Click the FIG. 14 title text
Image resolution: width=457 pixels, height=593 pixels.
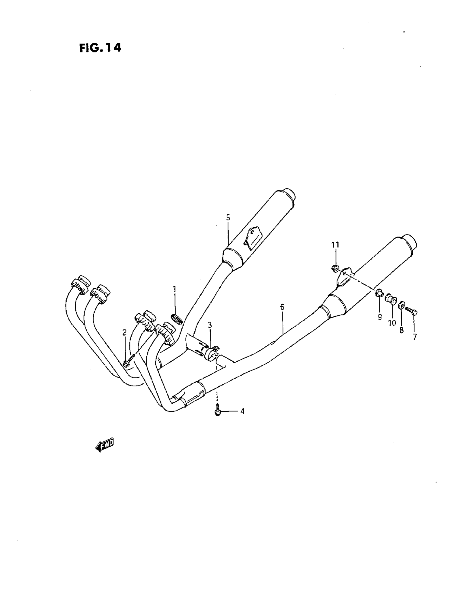click(100, 48)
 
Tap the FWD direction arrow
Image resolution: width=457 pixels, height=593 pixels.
click(105, 445)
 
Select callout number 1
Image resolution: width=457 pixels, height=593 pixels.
click(174, 289)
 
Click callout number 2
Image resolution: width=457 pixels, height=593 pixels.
click(124, 332)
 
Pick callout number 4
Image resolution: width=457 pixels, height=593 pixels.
click(242, 411)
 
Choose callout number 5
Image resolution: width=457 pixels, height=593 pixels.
click(228, 217)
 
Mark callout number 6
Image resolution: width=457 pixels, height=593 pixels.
click(282, 307)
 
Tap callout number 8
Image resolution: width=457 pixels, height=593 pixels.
click(402, 330)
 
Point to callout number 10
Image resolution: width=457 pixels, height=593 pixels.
click(392, 324)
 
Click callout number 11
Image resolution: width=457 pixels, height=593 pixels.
click(335, 245)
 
